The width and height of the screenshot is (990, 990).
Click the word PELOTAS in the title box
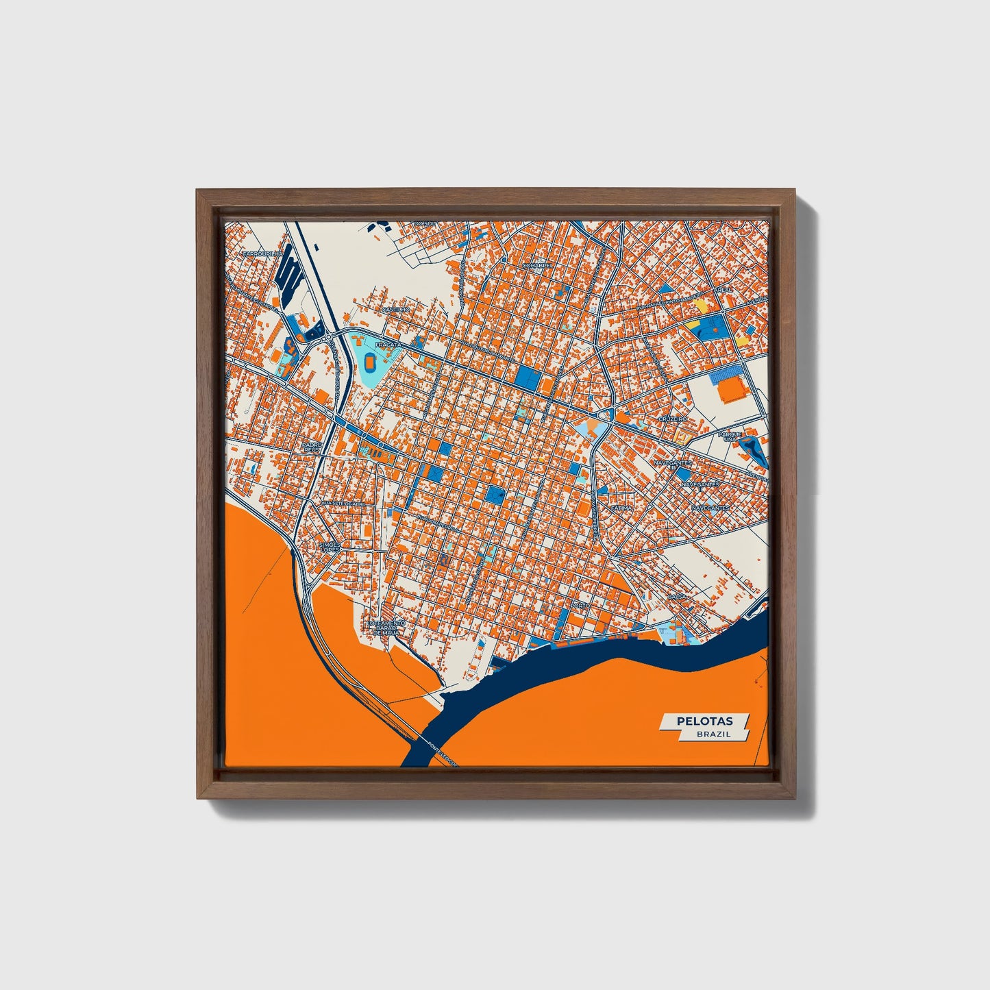tap(704, 721)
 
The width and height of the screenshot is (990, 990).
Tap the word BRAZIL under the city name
tap(713, 734)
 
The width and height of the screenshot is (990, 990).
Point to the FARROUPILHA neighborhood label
tap(262, 253)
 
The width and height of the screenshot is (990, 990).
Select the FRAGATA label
tap(387, 345)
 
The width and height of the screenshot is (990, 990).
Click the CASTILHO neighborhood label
tap(395, 310)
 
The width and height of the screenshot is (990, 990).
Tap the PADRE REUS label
tap(312, 447)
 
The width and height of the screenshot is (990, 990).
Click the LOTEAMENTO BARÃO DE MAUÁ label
tap(387, 628)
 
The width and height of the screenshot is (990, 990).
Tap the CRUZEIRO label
tap(672, 418)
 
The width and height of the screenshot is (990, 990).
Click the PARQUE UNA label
tap(730, 436)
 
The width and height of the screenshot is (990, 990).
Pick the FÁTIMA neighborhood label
tap(621, 508)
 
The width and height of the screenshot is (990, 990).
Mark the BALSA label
tap(677, 597)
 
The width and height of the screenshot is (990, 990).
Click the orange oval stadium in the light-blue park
tap(371, 360)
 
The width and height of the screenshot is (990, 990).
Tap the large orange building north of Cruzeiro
tap(732, 390)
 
